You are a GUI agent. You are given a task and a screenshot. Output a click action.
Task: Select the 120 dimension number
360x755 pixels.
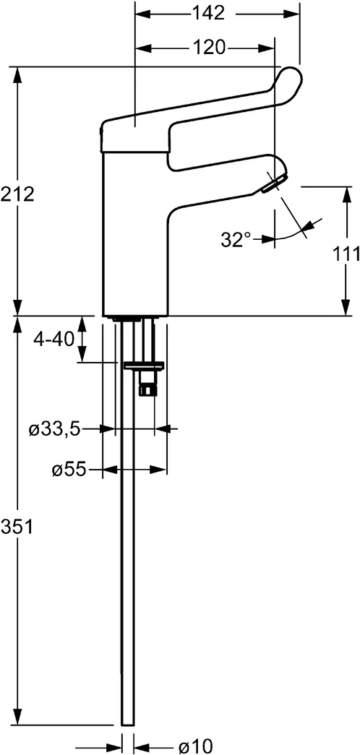207,48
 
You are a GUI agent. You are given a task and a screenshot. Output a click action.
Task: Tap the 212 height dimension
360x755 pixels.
17,193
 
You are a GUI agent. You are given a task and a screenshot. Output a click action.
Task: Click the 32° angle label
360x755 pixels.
236,239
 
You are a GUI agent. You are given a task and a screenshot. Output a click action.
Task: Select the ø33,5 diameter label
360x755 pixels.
54,429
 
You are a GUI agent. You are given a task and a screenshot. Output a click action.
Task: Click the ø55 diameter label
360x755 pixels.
69,470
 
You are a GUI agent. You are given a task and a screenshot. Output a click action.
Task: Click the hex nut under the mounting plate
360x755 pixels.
148,389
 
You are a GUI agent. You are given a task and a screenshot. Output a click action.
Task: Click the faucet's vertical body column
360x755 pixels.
135,238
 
